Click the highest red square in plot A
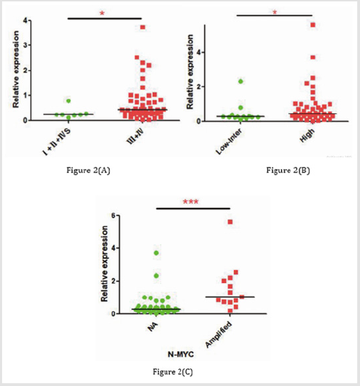(142, 27)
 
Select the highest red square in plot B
(313, 24)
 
